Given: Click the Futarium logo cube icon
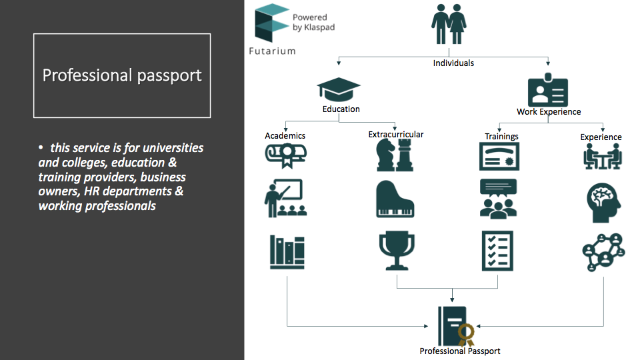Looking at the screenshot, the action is tap(271, 23).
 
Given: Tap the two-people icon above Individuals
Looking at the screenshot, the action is tap(449, 24).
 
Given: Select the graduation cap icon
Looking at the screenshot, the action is tap(339, 89).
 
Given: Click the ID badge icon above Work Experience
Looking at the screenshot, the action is tap(548, 90).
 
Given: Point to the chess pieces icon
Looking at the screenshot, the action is tap(395, 155).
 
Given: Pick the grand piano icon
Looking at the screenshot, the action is tap(395, 199).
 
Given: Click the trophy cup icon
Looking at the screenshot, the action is tap(397, 251).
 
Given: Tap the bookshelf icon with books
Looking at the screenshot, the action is tap(287, 252).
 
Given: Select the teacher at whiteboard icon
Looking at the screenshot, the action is tap(285, 198).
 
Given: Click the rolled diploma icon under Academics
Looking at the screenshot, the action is tap(286, 155).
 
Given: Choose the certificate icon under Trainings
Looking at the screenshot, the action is tap(499, 156).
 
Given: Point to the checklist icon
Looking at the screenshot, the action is tap(497, 251).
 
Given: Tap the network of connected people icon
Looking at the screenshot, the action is tap(604, 252).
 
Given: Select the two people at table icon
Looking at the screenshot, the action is tap(603, 156).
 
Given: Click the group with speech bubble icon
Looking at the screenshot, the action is tap(499, 199).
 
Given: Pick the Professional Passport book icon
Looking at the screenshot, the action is tap(456, 327).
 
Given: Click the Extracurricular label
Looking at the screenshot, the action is tap(396, 134).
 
